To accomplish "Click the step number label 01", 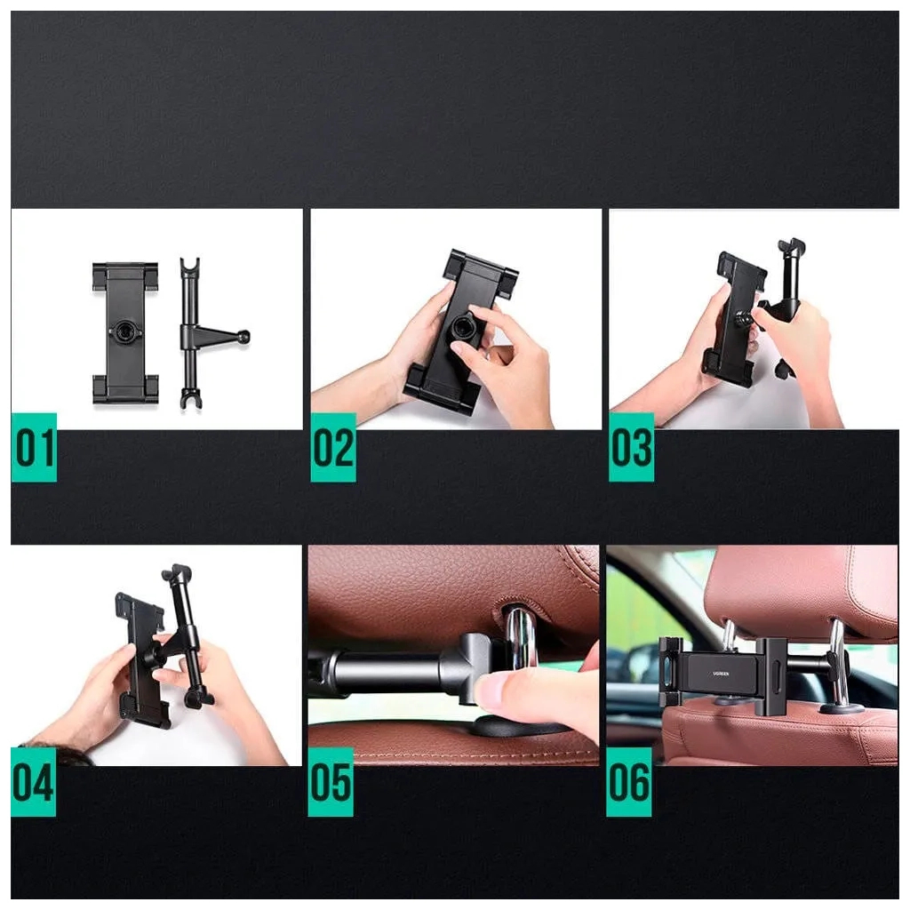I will coord(34,447).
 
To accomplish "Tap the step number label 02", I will coord(333,447).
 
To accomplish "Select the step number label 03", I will coord(631,447).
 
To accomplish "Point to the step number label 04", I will coord(34,782).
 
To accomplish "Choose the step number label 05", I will coord(331,782).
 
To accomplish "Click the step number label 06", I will coord(629,782).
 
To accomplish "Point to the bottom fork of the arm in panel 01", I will coord(190,396).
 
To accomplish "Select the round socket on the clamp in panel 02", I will coord(461,327).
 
